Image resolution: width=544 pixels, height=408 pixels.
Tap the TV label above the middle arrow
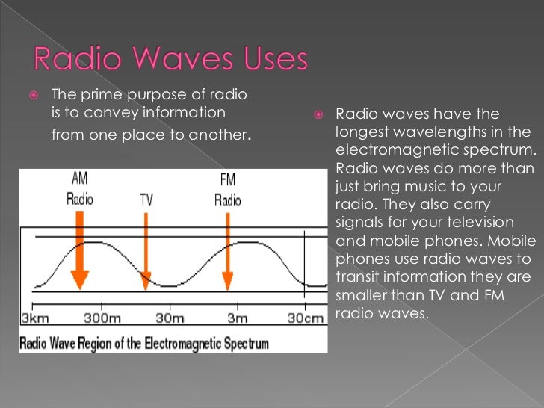point(146,200)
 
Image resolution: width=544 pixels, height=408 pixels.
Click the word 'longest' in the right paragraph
point(362,133)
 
